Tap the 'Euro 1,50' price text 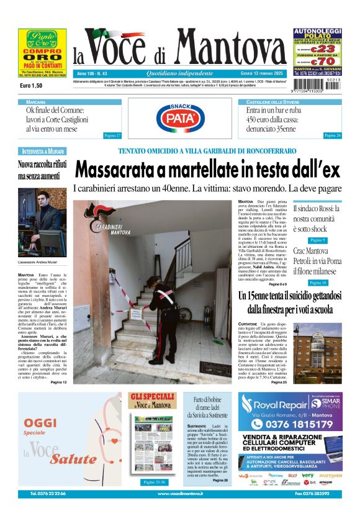pyautogui.click(x=31, y=85)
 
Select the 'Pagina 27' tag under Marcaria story pyautogui.click(x=112, y=135)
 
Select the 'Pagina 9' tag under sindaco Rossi pyautogui.click(x=317, y=240)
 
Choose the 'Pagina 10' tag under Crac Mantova pyautogui.click(x=317, y=283)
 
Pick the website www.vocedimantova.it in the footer pyautogui.click(x=181, y=493)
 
